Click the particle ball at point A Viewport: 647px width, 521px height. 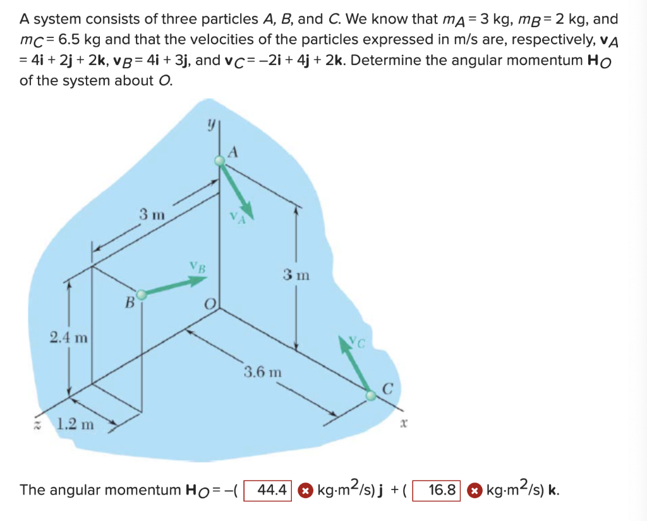pyautogui.click(x=220, y=161)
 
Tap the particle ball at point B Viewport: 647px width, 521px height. pyautogui.click(x=142, y=295)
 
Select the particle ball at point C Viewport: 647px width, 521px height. pyautogui.click(x=371, y=395)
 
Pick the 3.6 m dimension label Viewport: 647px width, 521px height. pyautogui.click(x=263, y=371)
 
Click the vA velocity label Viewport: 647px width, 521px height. pyautogui.click(x=237, y=219)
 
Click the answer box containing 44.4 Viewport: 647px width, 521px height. pyautogui.click(x=268, y=490)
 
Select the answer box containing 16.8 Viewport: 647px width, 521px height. pyautogui.click(x=437, y=490)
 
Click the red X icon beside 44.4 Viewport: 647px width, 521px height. pyautogui.click(x=305, y=491)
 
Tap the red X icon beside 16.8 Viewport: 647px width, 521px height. pyautogui.click(x=473, y=491)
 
